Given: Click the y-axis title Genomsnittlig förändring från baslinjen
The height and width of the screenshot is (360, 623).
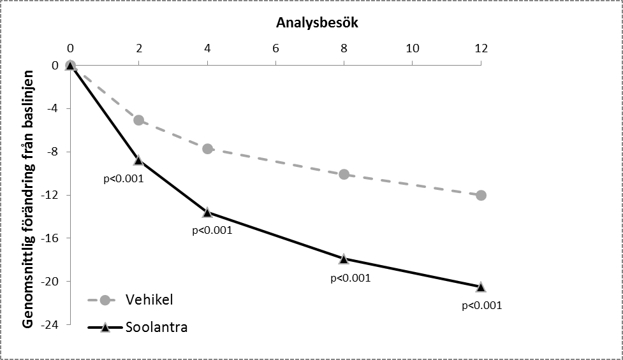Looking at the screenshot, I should coord(28,197).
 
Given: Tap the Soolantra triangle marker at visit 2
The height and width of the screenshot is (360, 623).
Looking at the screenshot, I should coord(138,160).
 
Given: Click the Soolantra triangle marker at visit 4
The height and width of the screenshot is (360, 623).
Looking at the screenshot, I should coord(207,212).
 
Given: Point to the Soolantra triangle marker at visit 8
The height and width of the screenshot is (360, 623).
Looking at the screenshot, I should coord(344,259).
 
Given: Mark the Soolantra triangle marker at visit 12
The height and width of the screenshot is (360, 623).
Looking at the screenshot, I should coord(481,287).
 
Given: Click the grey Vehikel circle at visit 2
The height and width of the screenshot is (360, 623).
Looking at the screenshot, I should coord(138,120).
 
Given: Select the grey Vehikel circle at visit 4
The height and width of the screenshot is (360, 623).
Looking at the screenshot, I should coord(207,148).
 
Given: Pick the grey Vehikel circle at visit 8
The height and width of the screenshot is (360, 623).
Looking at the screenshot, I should coord(344,174).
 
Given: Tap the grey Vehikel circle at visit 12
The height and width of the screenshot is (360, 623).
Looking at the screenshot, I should coord(481,195).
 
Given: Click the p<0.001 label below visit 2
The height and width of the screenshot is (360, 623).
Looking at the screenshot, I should coord(123,178).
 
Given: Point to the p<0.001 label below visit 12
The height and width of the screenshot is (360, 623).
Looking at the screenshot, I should coord(481,305).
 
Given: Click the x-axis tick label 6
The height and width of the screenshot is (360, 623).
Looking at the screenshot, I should coord(275,48).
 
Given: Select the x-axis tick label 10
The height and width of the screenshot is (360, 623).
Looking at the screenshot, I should coord(412,48).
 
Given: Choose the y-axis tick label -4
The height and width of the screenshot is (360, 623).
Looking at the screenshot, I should coord(52,108).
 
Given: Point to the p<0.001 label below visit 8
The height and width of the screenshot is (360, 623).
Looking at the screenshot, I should coord(350,278).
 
